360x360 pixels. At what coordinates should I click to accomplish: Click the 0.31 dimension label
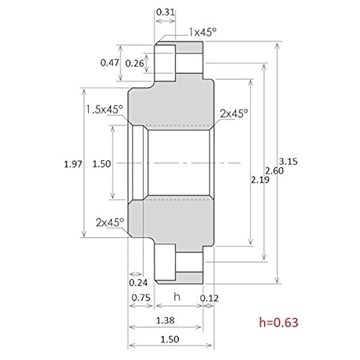coord(165,11)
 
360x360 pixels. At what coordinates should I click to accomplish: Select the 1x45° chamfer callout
coord(202,32)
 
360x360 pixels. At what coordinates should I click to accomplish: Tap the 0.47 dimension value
coord(108,62)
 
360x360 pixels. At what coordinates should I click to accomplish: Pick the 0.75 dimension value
coord(141,297)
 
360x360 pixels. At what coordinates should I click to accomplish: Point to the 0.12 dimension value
coord(209,297)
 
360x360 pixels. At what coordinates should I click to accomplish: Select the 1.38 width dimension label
coord(165,322)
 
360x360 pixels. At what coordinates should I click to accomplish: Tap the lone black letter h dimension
coord(177,297)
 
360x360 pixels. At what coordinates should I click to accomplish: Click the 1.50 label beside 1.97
coord(103,163)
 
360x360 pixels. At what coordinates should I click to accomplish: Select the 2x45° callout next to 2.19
coord(234,113)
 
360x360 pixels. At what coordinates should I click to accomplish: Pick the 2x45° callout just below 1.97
coord(109,221)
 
